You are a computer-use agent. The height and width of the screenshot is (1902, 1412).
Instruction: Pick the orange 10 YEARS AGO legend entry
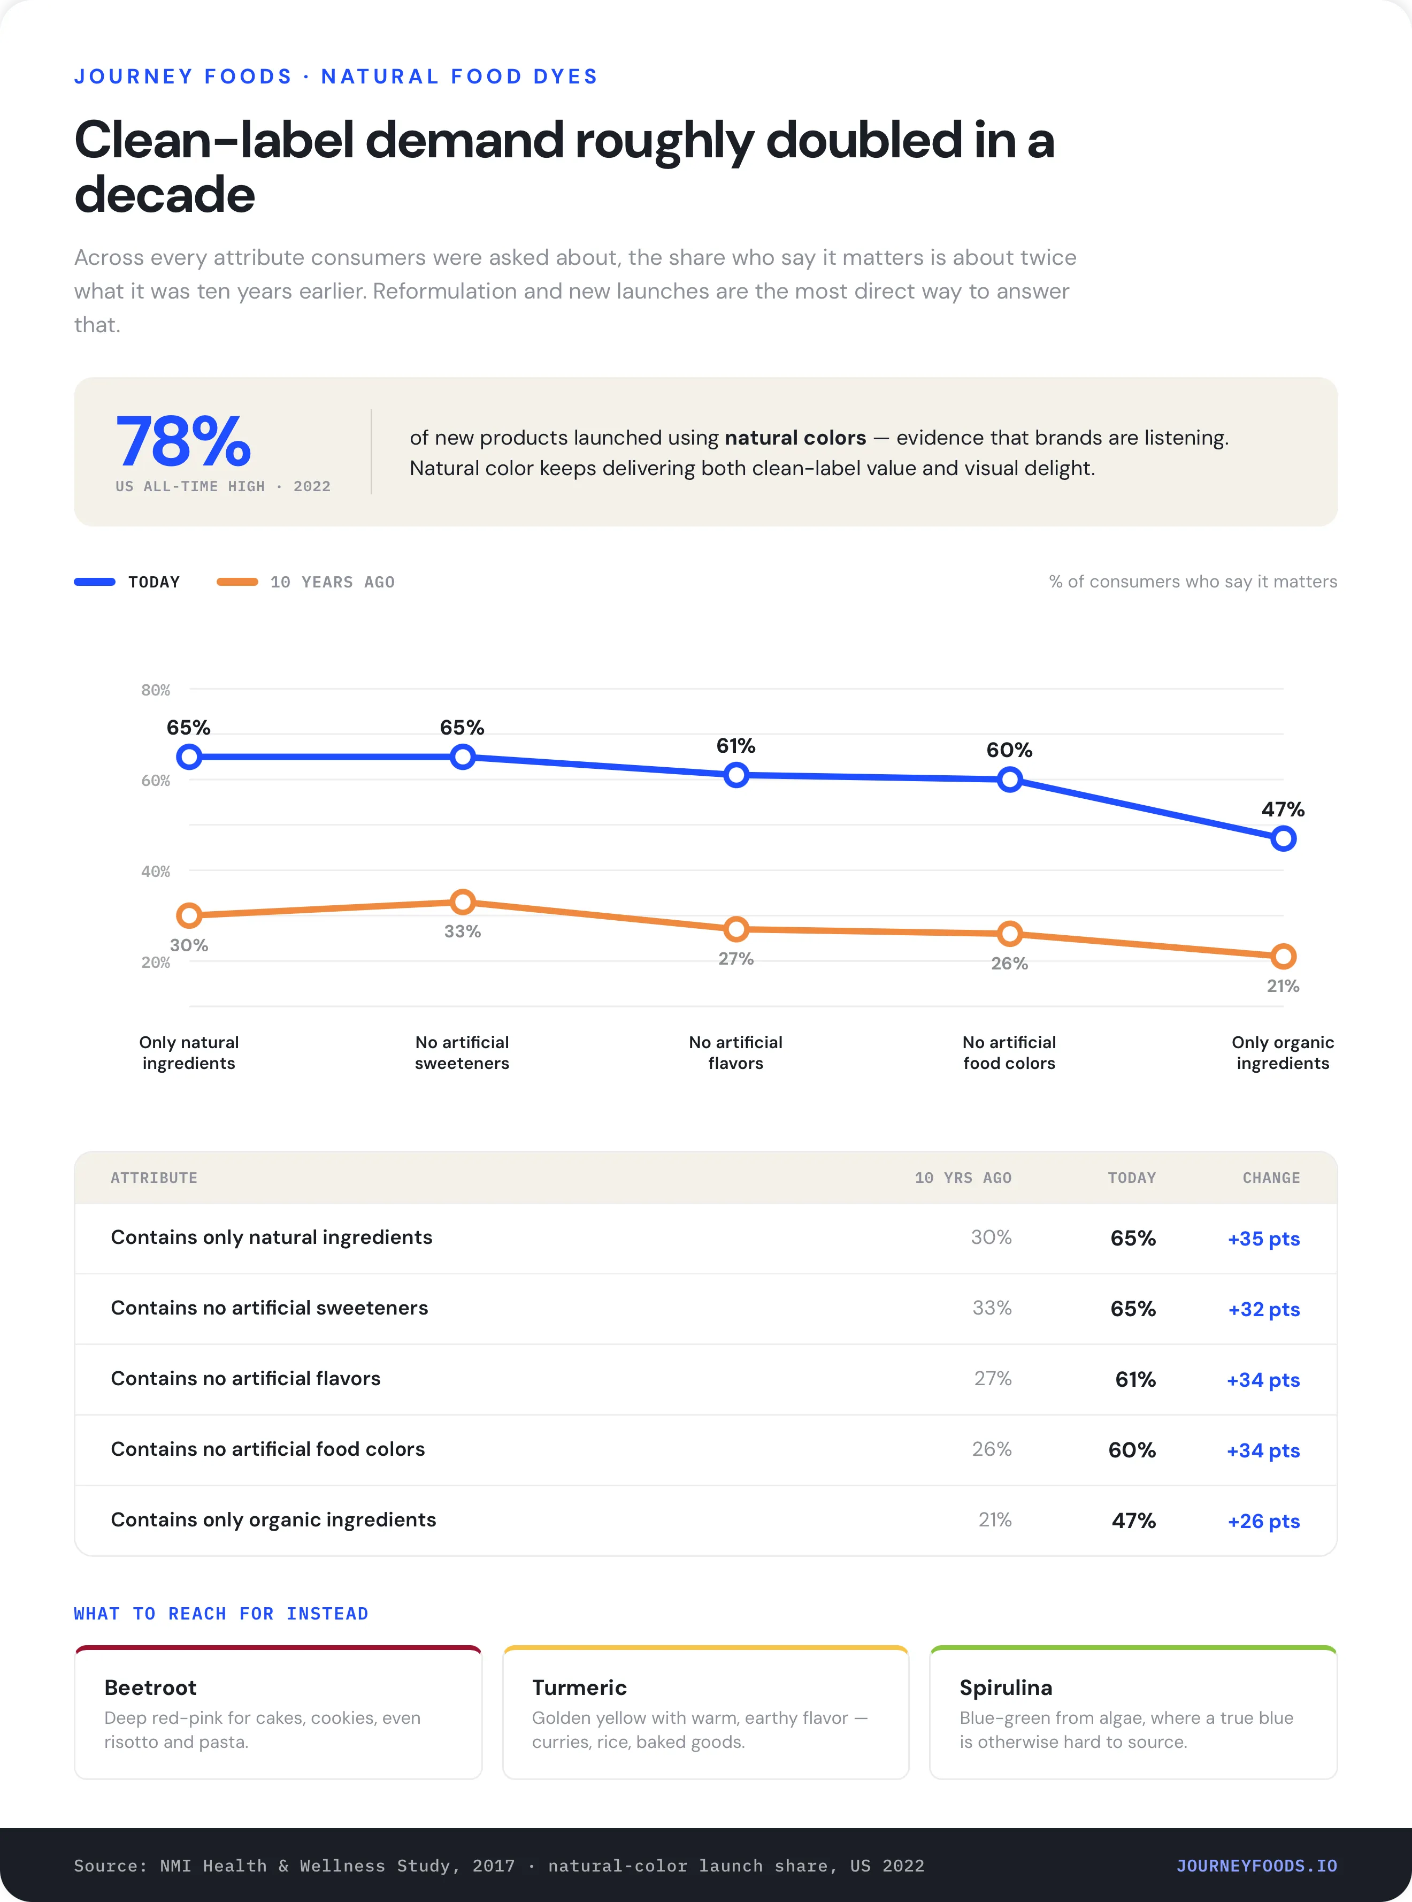tap(305, 582)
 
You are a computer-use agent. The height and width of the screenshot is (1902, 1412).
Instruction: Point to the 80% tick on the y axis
tap(156, 690)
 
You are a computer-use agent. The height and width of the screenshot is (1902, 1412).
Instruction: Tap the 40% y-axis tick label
tap(156, 871)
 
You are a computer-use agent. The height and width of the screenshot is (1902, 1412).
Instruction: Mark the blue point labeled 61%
tap(736, 775)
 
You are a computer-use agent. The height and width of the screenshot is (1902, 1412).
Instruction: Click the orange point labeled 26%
tap(1009, 934)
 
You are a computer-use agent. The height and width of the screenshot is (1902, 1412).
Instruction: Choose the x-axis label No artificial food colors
tap(1009, 1052)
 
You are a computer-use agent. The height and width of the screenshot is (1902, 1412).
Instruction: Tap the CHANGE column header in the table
tap(1271, 1178)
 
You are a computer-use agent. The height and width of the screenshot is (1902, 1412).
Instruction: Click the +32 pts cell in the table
tap(1263, 1310)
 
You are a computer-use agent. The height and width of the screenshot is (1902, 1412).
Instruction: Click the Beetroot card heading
tap(150, 1687)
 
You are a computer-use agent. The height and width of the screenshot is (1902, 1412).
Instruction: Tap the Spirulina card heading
tap(1006, 1687)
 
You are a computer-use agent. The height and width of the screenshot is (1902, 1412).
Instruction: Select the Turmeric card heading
tap(579, 1687)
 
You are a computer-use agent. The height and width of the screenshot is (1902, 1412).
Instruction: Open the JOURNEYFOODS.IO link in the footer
tap(1256, 1866)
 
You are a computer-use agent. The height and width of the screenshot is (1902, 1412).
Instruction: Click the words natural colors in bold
tap(795, 438)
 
